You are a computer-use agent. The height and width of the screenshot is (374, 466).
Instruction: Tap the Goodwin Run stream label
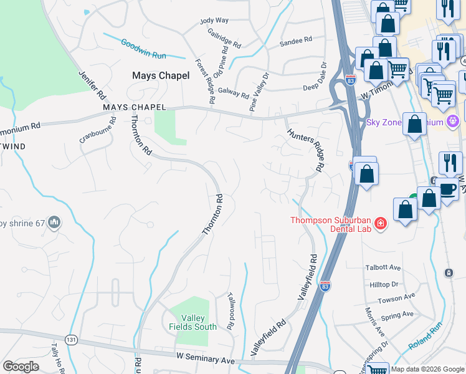(143, 49)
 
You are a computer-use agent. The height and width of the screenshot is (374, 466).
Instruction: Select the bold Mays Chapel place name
(161, 75)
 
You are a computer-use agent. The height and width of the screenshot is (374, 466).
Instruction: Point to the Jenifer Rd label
(90, 85)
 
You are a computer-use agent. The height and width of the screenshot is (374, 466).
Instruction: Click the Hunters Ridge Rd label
(307, 150)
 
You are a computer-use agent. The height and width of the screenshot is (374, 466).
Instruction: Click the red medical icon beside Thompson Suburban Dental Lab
(380, 223)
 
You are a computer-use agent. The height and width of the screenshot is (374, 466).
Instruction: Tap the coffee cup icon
(447, 188)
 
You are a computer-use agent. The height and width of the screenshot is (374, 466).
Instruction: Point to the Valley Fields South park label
(193, 322)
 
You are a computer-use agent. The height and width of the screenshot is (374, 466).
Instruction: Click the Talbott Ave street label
(383, 267)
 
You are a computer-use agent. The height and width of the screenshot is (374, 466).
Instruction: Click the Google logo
(21, 367)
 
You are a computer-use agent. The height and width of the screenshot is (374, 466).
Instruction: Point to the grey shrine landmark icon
(54, 222)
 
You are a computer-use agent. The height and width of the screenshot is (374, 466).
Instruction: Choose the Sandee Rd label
(296, 41)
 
